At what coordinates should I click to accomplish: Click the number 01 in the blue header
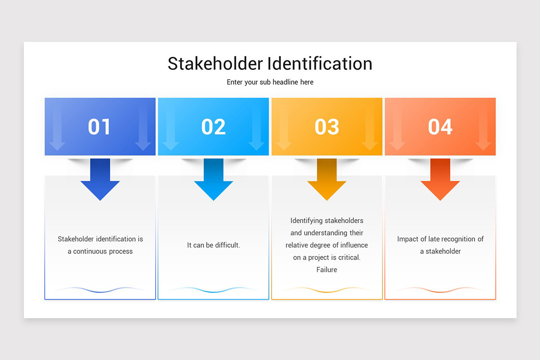click(x=99, y=126)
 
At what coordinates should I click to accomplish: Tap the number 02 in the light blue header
click(x=213, y=126)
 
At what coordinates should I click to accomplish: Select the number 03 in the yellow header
click(x=327, y=126)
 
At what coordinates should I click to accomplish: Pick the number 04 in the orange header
click(x=440, y=126)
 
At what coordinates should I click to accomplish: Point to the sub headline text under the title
click(x=270, y=82)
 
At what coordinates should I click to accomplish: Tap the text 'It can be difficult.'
click(x=213, y=245)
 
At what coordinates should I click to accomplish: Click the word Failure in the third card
click(x=327, y=270)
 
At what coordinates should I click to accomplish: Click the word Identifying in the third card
click(x=306, y=220)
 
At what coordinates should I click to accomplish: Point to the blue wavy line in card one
click(x=100, y=290)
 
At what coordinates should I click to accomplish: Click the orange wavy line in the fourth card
click(x=440, y=290)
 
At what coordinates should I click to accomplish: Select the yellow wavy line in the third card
click(x=327, y=290)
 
